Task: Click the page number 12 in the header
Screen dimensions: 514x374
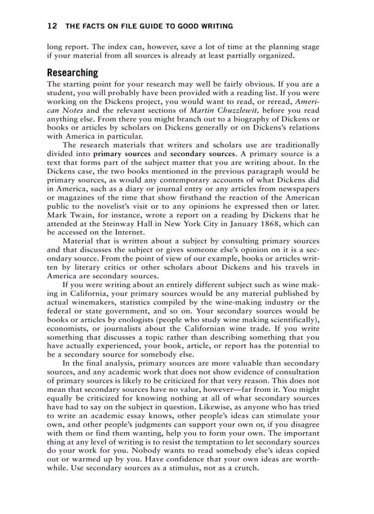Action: point(52,26)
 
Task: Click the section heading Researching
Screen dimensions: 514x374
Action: point(72,73)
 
